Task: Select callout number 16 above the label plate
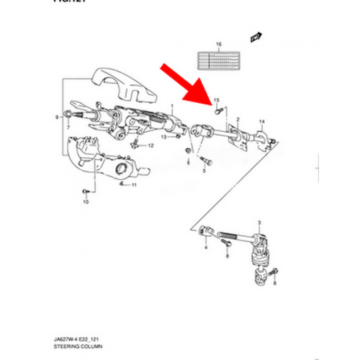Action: [x=219, y=44]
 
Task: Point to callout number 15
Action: [x=216, y=100]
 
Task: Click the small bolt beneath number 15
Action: [x=217, y=111]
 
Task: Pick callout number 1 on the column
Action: [x=172, y=106]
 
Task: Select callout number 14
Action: [x=262, y=122]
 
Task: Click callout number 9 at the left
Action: [x=57, y=117]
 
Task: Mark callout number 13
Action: [x=164, y=137]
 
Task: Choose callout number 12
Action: [x=150, y=146]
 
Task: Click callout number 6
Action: [x=188, y=163]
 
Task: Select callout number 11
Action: [x=134, y=185]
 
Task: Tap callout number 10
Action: [x=86, y=202]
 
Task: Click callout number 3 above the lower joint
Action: [x=259, y=224]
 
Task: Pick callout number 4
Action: [x=206, y=248]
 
